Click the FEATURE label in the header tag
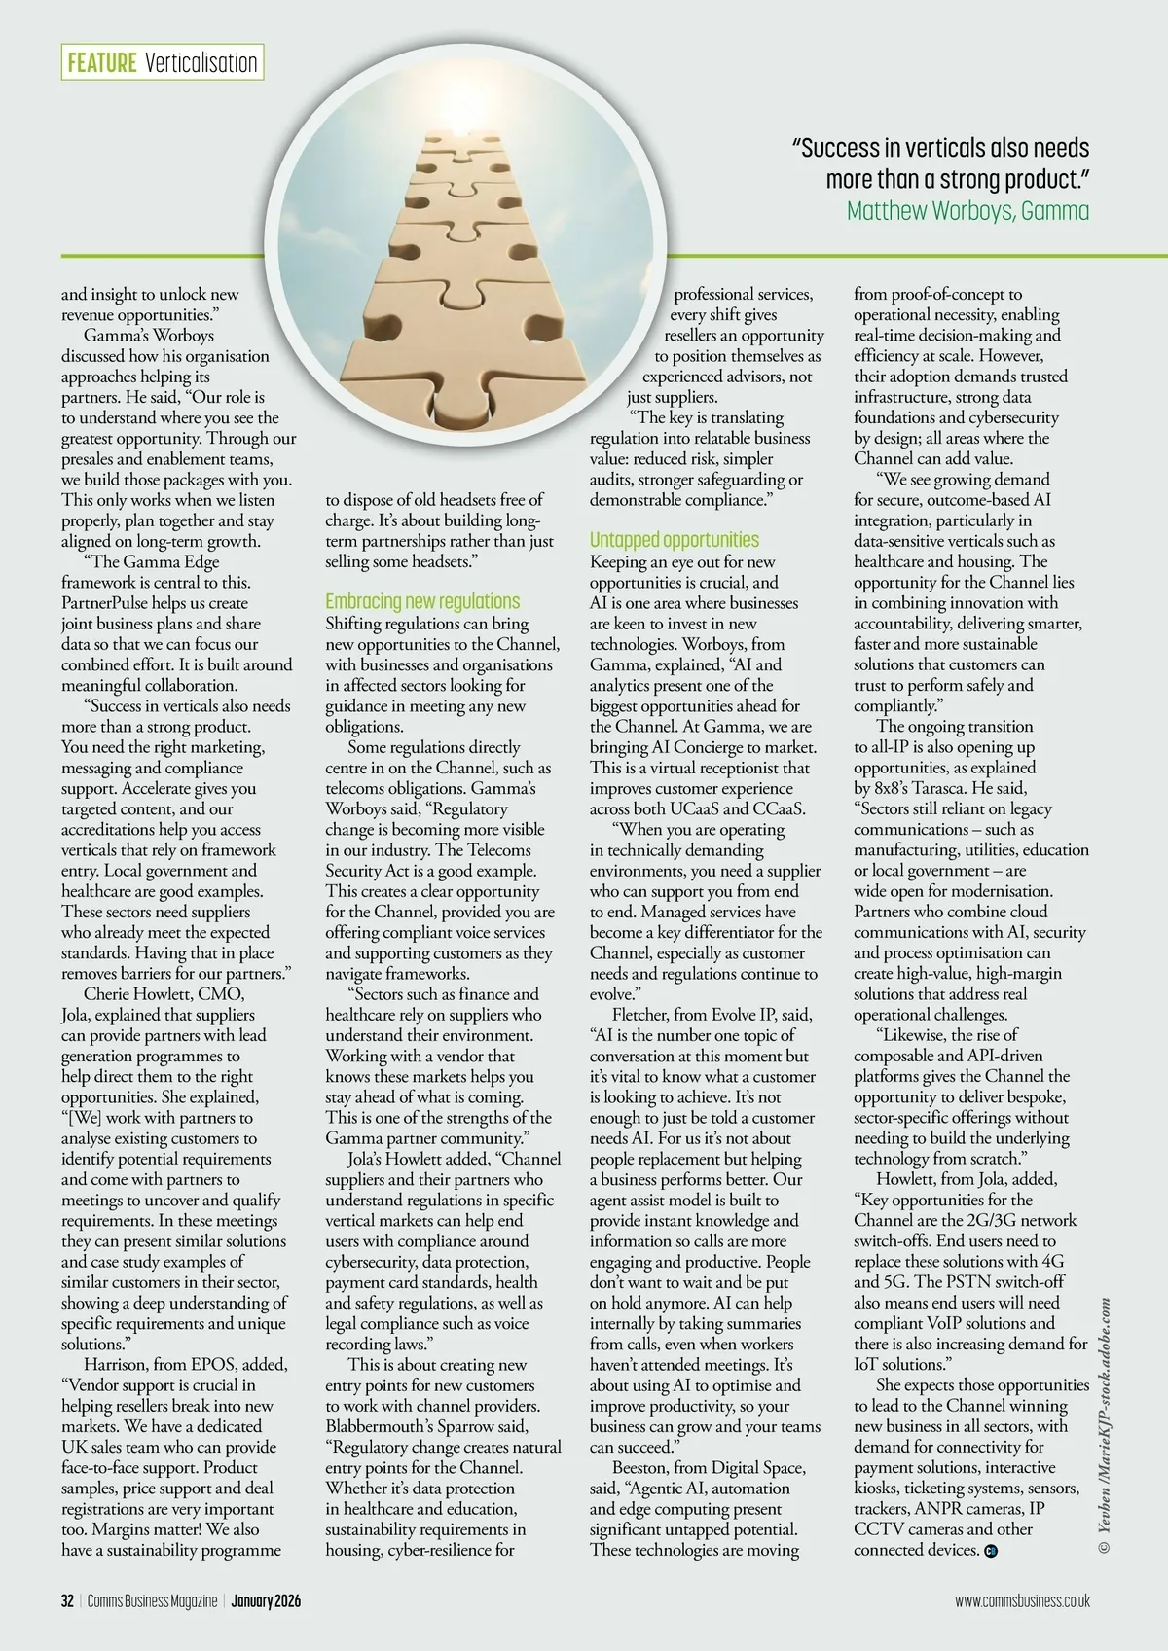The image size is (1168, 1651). point(101,63)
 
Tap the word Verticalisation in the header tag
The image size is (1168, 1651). point(201,63)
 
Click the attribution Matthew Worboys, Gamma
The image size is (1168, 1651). point(967,210)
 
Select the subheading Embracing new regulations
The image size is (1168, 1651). point(422,601)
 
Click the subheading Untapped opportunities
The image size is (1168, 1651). point(674,540)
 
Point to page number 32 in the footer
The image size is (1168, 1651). point(67,1600)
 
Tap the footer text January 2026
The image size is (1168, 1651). point(266,1600)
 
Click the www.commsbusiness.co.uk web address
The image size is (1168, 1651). point(1022,1600)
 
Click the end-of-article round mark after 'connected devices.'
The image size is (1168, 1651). point(991,1550)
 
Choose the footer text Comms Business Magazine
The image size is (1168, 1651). point(152,1600)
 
